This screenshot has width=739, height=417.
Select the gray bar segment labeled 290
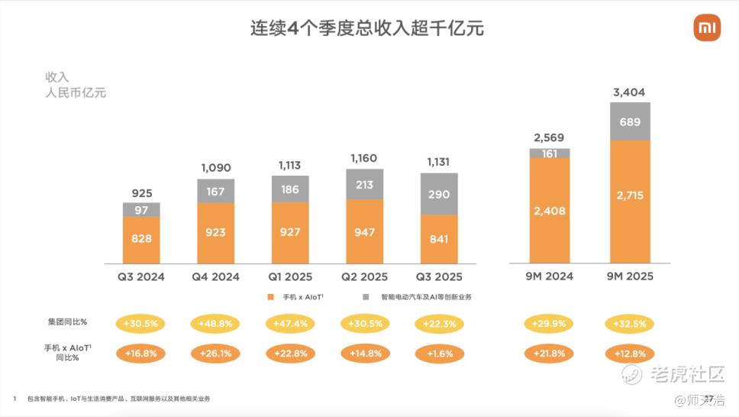(x=439, y=194)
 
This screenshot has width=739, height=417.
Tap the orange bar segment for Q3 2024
(x=141, y=239)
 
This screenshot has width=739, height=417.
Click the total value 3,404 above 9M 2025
(x=629, y=93)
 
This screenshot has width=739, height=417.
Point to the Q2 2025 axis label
(x=365, y=276)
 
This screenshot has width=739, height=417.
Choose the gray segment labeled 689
(x=630, y=121)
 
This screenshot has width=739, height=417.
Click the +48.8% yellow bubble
(x=215, y=324)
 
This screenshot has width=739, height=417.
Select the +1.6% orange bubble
(x=439, y=354)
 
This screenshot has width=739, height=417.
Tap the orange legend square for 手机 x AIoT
(x=271, y=296)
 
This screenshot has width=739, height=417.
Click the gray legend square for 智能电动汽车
(x=366, y=296)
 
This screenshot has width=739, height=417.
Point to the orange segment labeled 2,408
(x=550, y=210)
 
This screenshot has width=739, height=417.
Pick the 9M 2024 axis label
(x=550, y=276)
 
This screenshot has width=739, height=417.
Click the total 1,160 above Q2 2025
(x=365, y=158)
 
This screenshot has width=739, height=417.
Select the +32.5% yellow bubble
(x=629, y=324)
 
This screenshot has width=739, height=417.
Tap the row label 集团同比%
(x=67, y=322)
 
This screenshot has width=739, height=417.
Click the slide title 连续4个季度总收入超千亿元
(x=368, y=29)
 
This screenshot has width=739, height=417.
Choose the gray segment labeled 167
(x=215, y=191)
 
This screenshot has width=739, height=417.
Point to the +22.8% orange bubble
(x=290, y=354)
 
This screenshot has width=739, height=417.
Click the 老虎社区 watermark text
(x=686, y=373)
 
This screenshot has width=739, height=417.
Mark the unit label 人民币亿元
(x=76, y=93)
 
